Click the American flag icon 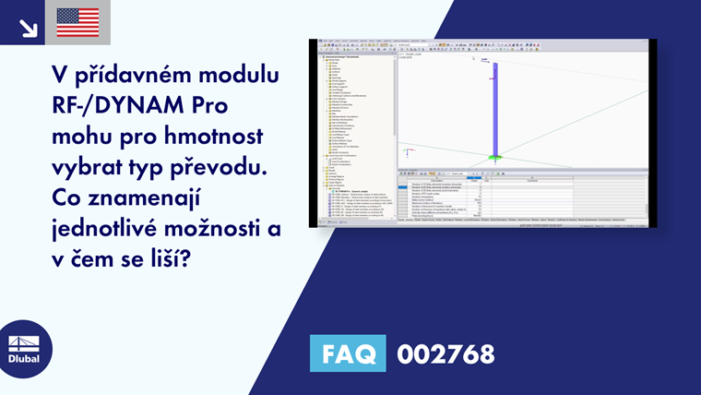coord(77,22)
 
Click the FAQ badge coord(348,353)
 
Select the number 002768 coord(446,353)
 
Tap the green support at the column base coord(494,157)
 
